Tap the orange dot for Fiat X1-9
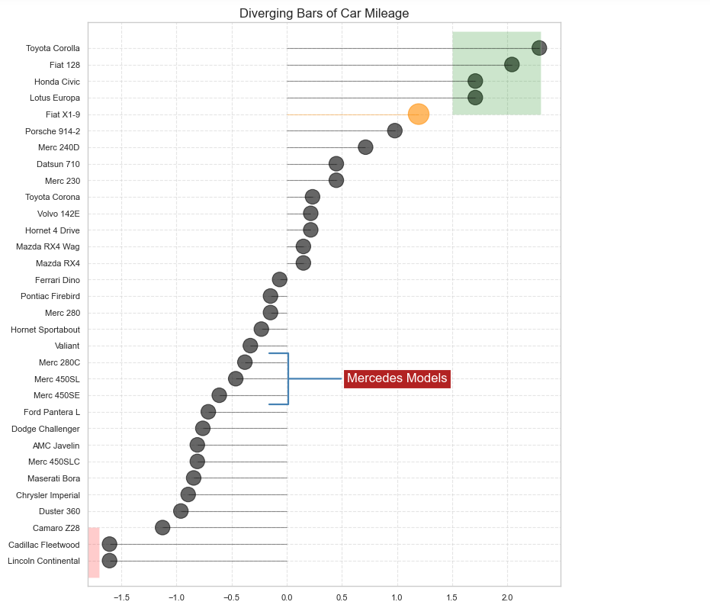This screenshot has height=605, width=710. tap(419, 114)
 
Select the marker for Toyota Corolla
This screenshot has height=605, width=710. tap(539, 48)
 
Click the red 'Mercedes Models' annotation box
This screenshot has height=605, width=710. tap(397, 378)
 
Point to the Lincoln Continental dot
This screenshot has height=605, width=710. tap(109, 561)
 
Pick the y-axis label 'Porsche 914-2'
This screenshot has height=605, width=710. tap(53, 131)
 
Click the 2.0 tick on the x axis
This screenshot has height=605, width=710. tap(507, 597)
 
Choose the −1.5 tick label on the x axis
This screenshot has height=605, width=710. tap(120, 597)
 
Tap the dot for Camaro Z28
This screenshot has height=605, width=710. tap(162, 527)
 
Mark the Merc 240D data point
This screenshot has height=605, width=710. tap(365, 147)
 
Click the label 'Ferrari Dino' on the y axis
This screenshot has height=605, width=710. tap(57, 280)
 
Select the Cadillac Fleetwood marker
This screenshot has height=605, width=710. tap(109, 544)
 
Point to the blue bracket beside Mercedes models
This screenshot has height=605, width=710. tap(288, 378)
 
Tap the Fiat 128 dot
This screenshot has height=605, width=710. tap(512, 65)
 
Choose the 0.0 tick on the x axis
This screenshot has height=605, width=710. tap(287, 597)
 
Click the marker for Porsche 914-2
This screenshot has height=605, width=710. tap(394, 130)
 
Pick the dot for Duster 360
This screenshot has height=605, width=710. tap(181, 511)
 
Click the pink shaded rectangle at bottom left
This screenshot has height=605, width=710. tap(94, 552)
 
